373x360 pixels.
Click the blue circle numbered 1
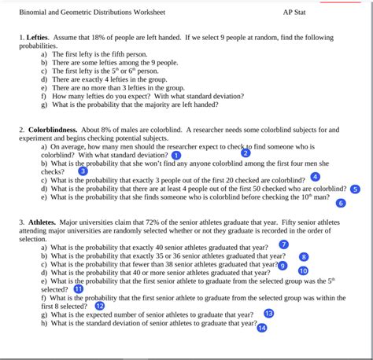tap(175, 156)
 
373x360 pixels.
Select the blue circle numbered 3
tap(83, 171)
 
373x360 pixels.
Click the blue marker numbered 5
tap(355, 189)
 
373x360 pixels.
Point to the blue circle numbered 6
tap(341, 203)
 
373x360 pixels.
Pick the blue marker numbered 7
tap(284, 244)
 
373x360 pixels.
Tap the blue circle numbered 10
tap(304, 270)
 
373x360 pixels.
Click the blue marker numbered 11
tap(78, 288)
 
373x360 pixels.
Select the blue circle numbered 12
tap(99, 306)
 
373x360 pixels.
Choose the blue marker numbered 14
tap(262, 327)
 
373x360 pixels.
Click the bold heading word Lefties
tap(37, 37)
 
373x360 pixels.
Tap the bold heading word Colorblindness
tap(54, 129)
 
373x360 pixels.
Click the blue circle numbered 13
tap(268, 314)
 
